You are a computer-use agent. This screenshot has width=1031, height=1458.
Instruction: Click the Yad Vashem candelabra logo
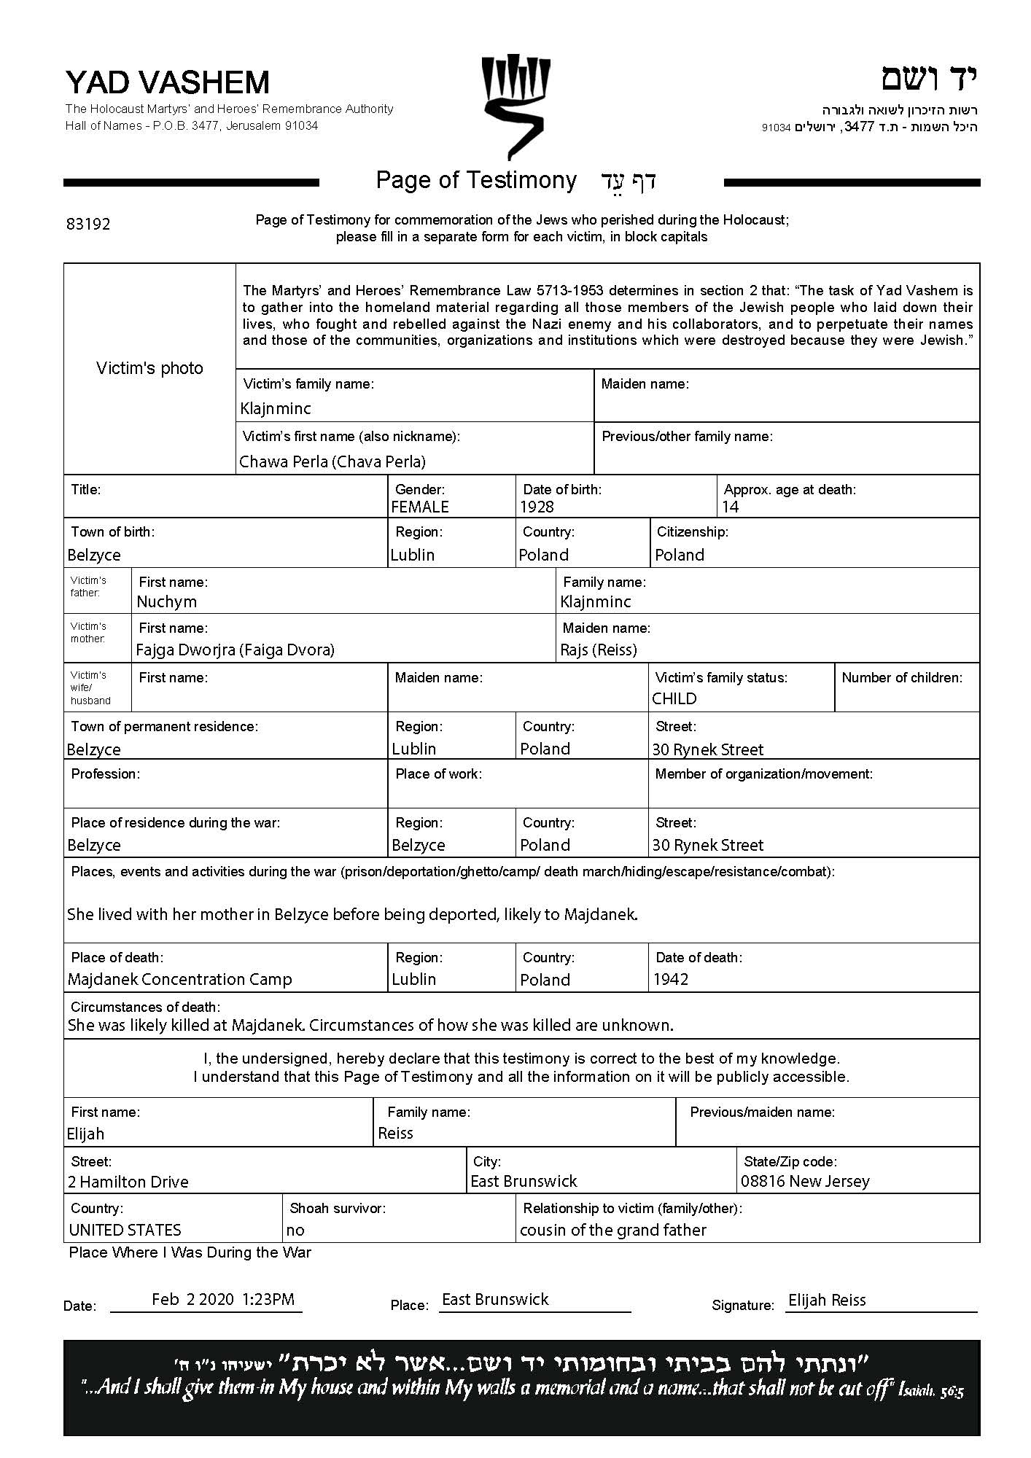click(515, 106)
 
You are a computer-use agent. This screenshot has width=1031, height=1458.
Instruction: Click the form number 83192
click(88, 224)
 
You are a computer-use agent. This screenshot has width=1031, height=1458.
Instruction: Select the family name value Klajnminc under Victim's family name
click(276, 409)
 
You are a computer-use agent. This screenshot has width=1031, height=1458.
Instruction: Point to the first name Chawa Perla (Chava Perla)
click(332, 461)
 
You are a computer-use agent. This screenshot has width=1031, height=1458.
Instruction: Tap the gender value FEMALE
click(420, 507)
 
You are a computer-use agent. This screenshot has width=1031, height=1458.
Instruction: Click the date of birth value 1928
click(537, 507)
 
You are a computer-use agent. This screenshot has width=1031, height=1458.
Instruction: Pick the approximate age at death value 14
click(731, 507)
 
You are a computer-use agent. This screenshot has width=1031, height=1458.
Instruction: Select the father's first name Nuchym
click(167, 601)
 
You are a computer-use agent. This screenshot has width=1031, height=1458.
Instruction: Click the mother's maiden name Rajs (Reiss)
click(599, 650)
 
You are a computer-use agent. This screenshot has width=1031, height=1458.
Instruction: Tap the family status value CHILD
click(674, 698)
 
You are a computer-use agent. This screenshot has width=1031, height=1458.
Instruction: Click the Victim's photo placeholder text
click(149, 368)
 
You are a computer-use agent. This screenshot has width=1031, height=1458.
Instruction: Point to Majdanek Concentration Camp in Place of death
click(180, 979)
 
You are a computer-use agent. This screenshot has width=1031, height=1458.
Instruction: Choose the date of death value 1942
click(671, 979)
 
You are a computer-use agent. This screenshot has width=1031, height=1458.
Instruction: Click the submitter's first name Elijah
click(86, 1134)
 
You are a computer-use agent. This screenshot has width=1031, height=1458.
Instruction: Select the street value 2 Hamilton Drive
click(128, 1182)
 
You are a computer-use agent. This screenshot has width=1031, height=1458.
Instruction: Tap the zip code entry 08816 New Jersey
click(805, 1181)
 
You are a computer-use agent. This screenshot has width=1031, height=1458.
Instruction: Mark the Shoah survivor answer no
click(295, 1230)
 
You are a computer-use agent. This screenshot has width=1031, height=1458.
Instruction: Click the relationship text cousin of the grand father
click(613, 1230)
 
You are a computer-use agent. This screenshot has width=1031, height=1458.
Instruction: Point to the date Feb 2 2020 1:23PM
click(223, 1299)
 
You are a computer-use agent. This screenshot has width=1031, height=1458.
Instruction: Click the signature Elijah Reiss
click(827, 1300)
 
